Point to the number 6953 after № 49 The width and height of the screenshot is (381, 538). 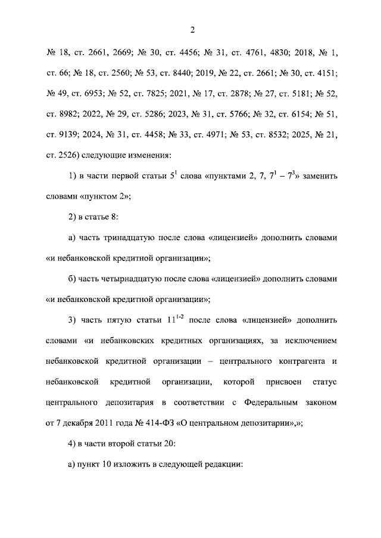pyautogui.click(x=93, y=94)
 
